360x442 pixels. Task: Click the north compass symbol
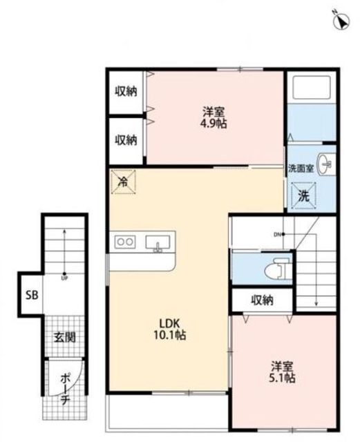[341, 20]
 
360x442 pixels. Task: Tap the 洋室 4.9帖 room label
[214, 117]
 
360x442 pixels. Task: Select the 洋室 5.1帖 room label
[282, 372]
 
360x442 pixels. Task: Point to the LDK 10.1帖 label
[169, 329]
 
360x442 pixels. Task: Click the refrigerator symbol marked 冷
[123, 182]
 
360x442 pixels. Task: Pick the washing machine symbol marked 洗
[303, 196]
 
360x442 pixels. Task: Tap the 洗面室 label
[301, 169]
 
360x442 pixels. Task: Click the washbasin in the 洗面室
[326, 164]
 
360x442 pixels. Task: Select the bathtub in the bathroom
[312, 88]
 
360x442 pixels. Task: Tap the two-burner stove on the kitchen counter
[124, 242]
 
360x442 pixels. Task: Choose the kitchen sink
[158, 242]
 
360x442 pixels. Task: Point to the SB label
[32, 295]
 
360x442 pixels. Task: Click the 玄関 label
[65, 337]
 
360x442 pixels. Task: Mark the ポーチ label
[65, 389]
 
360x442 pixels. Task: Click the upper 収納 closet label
[126, 91]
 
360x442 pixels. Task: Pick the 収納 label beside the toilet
[263, 300]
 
